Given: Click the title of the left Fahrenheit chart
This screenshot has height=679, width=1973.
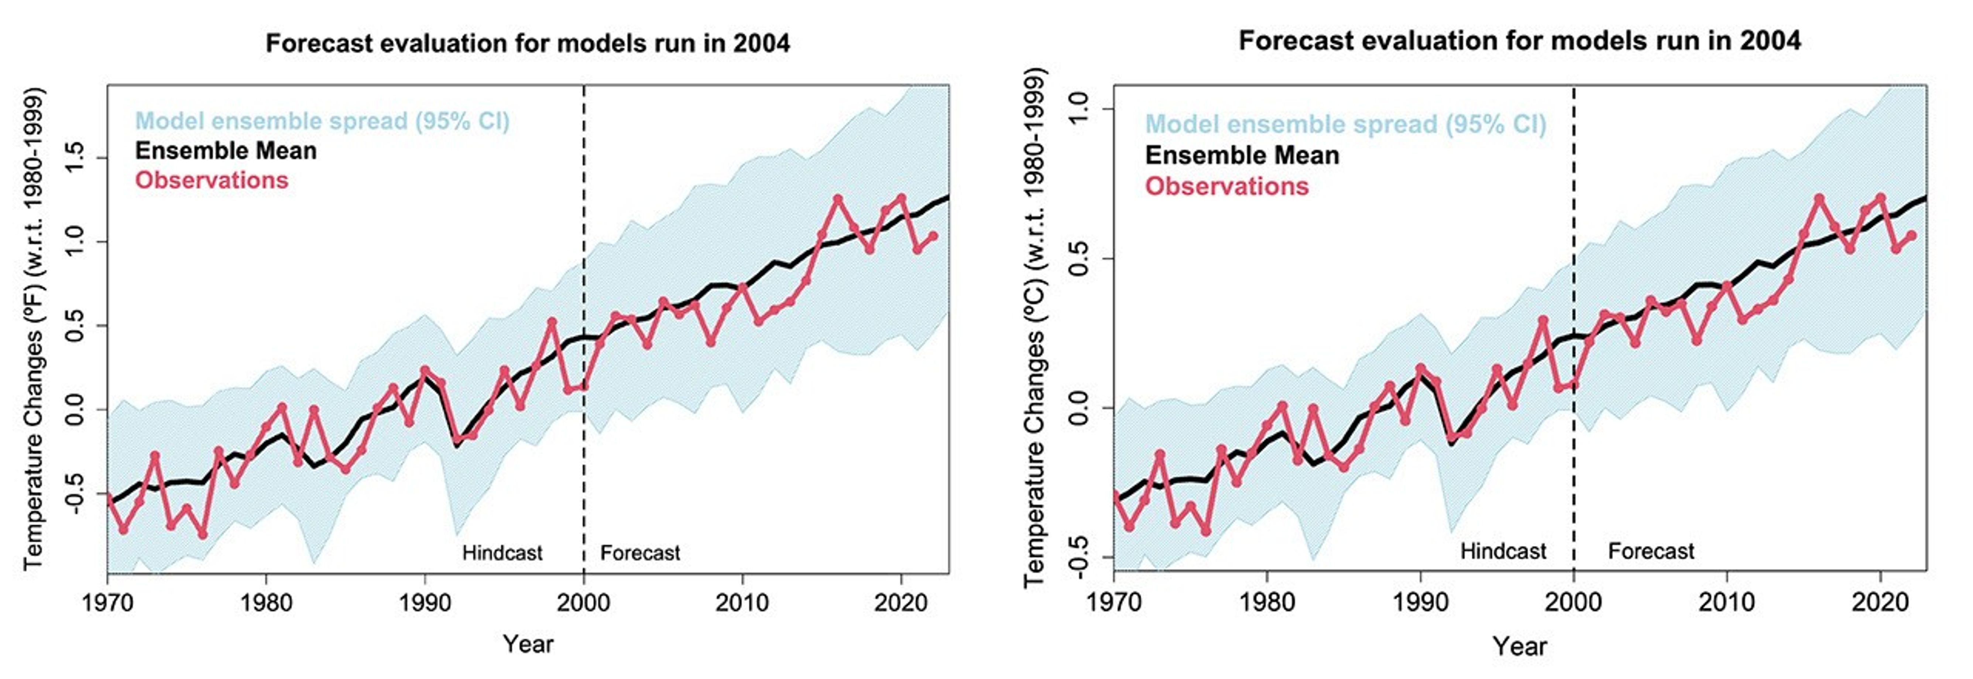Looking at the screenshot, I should [x=528, y=43].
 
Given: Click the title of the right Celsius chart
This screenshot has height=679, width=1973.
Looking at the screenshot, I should [x=1520, y=41].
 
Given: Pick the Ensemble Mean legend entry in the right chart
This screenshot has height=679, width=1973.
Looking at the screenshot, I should [x=1242, y=156].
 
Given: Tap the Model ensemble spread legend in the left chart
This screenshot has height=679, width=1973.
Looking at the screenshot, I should [x=322, y=121].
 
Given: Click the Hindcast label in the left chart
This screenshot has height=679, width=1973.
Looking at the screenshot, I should [x=502, y=553].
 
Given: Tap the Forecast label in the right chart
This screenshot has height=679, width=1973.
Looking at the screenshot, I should [x=1651, y=551].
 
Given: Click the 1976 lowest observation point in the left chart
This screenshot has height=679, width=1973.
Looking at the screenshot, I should [x=202, y=534].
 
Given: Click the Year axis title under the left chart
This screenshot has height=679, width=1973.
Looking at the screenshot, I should [x=528, y=644].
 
